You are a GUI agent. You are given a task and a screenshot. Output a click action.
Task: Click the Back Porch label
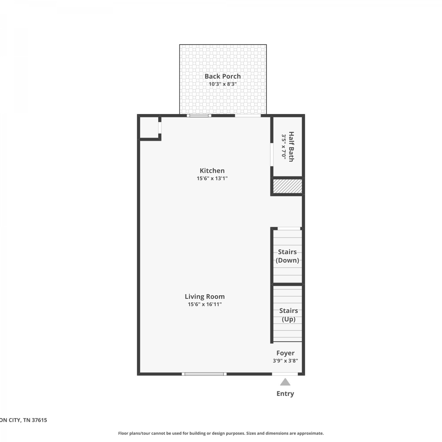(x=223, y=76)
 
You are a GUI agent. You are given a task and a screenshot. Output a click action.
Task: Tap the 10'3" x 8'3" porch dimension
(x=223, y=84)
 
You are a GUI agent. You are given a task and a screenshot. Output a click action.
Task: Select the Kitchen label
(x=212, y=171)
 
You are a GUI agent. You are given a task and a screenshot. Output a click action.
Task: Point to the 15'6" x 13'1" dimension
(x=212, y=178)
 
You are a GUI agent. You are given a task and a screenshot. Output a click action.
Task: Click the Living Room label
(x=205, y=297)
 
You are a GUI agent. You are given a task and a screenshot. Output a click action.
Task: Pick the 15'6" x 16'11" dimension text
(x=205, y=304)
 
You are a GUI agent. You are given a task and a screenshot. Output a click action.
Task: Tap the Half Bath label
(x=291, y=147)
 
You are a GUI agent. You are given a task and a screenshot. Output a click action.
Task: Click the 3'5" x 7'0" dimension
(x=284, y=147)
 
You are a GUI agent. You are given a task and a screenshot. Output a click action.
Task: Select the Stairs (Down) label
(x=287, y=256)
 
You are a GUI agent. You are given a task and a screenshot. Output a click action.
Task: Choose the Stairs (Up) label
(x=288, y=315)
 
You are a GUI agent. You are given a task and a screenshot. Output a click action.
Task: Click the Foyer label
(x=286, y=353)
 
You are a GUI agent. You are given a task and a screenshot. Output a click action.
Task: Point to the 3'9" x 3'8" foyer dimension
(x=286, y=361)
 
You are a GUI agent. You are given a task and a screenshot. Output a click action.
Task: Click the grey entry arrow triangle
(x=285, y=382)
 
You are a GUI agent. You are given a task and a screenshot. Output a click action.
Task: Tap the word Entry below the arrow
(x=285, y=394)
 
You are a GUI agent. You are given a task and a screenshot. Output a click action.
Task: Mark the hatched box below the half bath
(x=288, y=186)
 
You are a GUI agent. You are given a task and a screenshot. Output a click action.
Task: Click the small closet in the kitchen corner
(x=149, y=128)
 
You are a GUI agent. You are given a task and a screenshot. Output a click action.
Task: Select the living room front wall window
(x=204, y=374)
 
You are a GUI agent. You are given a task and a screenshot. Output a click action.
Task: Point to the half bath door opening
(x=271, y=154)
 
